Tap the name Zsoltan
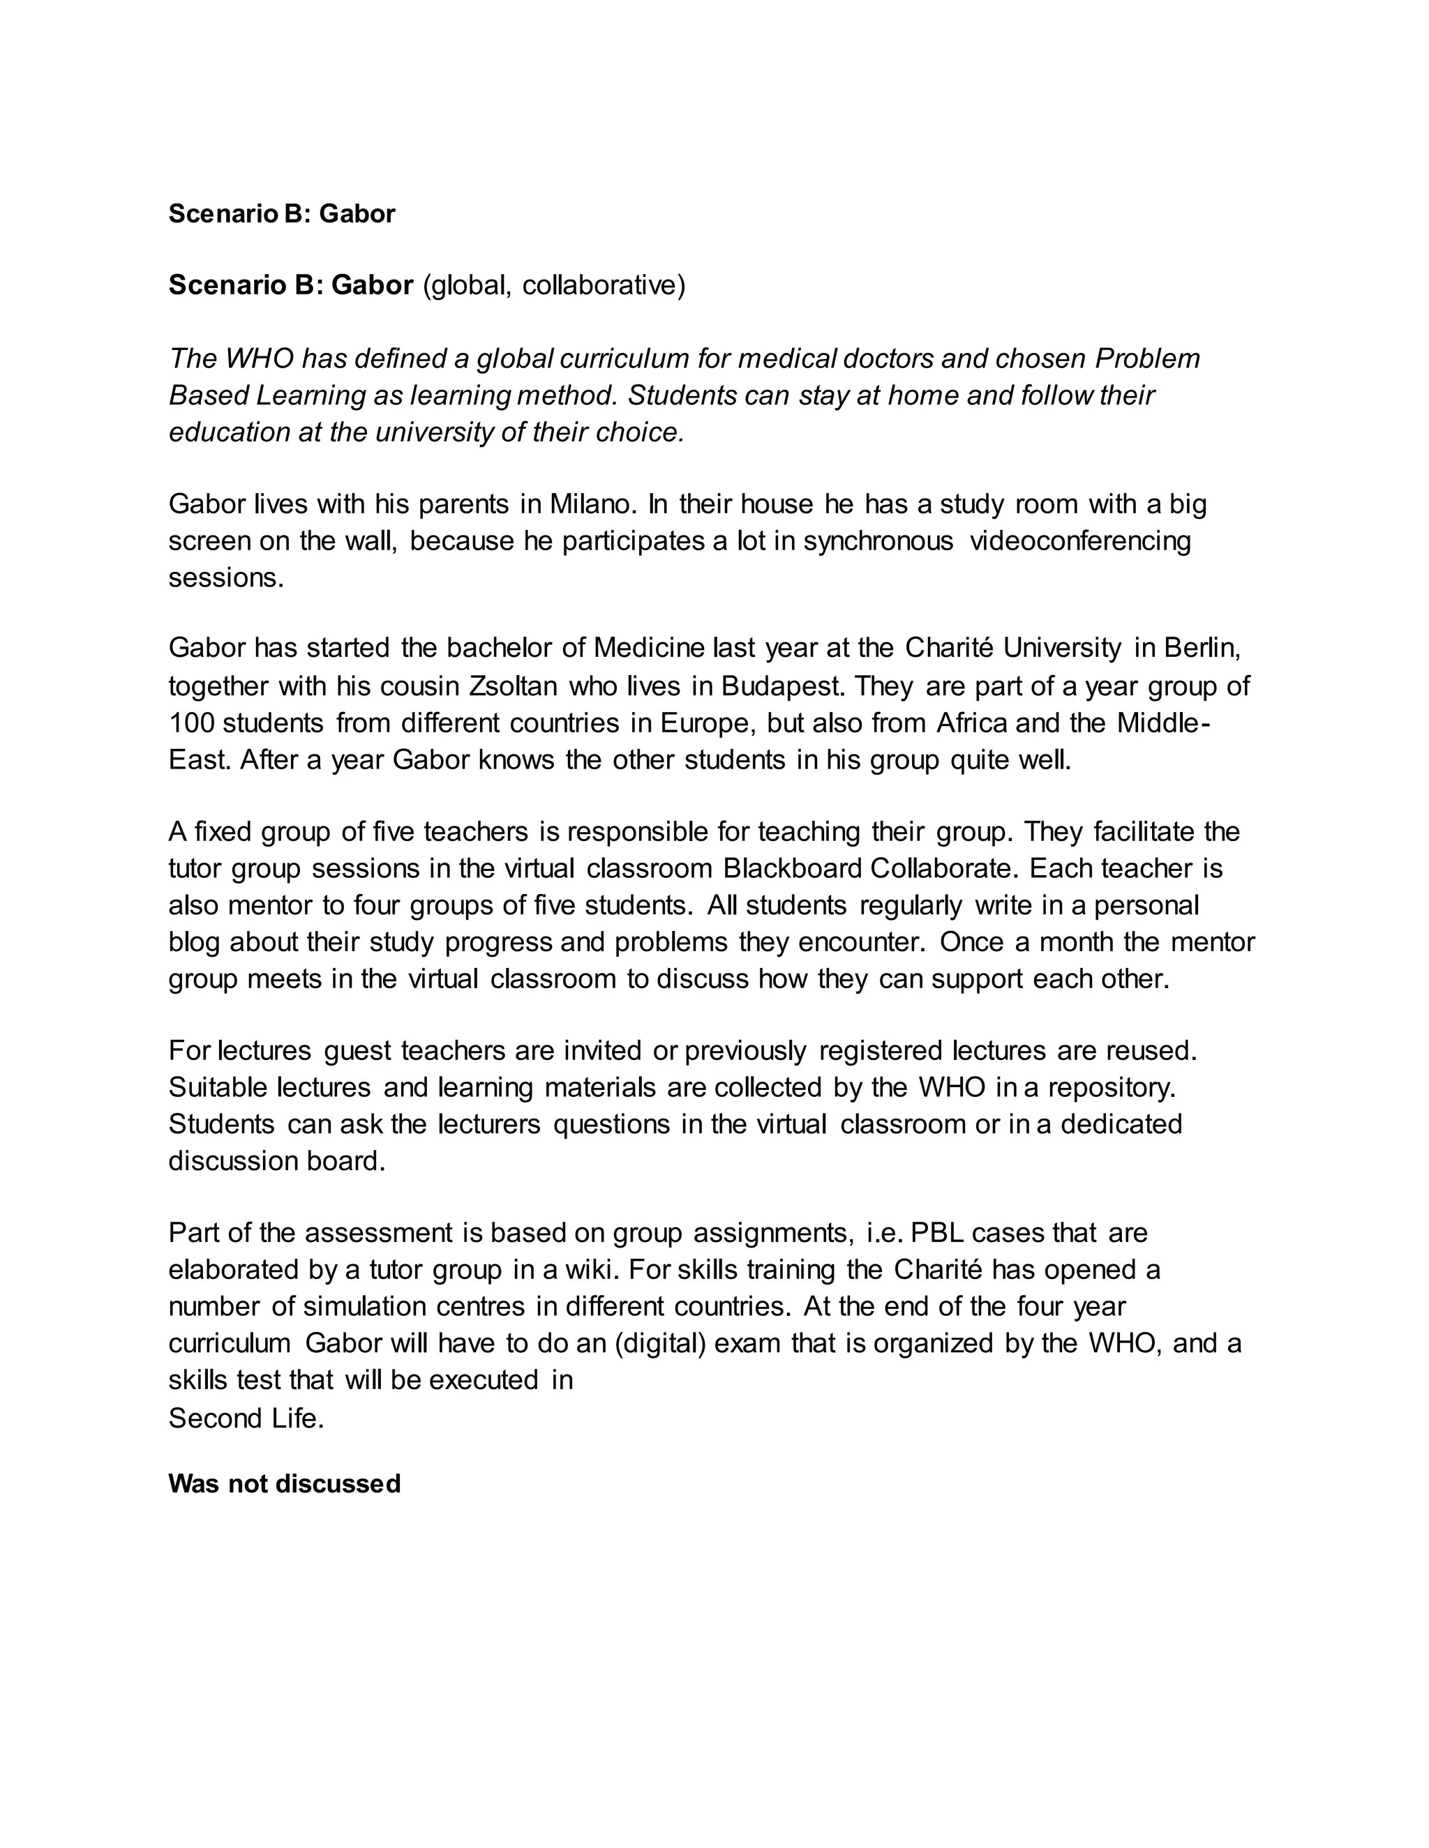pyautogui.click(x=512, y=686)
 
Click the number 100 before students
pyautogui.click(x=190, y=722)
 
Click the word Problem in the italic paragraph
pyautogui.click(x=1147, y=358)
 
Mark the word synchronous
pyautogui.click(x=878, y=540)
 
